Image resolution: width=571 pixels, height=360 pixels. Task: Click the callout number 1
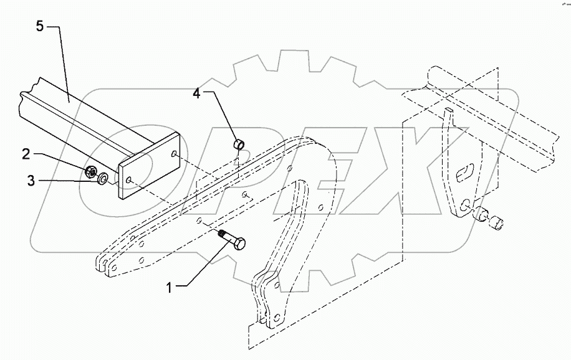tap(170, 287)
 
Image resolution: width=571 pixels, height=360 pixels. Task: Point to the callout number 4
tap(197, 95)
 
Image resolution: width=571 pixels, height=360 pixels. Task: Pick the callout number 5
tap(39, 27)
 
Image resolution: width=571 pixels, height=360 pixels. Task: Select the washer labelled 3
tap(102, 181)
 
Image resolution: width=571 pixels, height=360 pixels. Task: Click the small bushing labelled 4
tap(238, 145)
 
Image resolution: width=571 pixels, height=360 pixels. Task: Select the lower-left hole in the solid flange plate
tap(128, 180)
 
